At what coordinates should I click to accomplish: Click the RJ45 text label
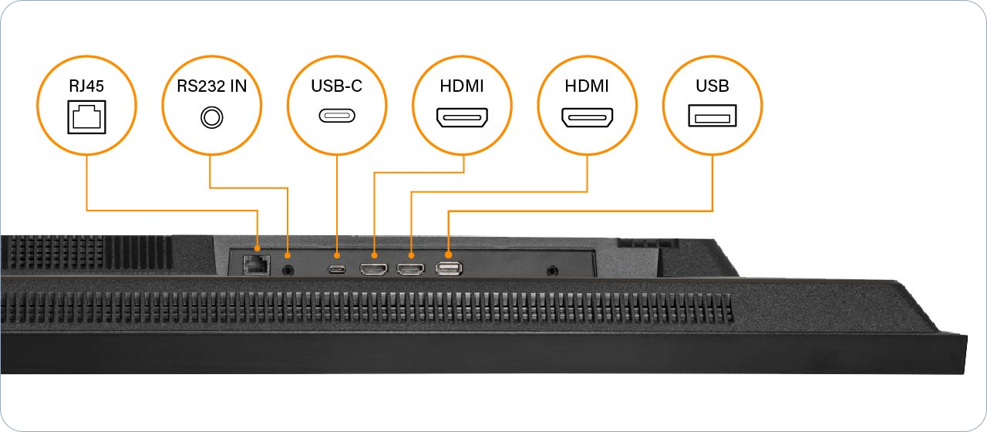(86, 86)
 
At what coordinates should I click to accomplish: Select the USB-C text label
(336, 86)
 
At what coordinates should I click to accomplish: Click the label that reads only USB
(712, 86)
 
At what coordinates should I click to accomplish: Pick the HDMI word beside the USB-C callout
(462, 86)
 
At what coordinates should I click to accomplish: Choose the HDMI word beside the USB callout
(587, 86)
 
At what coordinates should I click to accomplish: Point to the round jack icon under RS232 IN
(211, 117)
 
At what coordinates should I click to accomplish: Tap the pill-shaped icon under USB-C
(336, 117)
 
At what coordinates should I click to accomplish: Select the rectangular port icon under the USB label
(712, 117)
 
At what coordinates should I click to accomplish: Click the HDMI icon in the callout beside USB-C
(462, 117)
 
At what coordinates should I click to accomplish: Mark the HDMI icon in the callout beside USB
(587, 117)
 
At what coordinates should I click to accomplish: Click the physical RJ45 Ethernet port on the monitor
(254, 265)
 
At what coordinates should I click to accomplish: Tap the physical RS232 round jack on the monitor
(289, 269)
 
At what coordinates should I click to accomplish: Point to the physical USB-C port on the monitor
(336, 269)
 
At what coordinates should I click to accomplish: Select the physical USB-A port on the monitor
(448, 268)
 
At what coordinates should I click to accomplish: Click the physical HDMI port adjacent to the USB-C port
(374, 269)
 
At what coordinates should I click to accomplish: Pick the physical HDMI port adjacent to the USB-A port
(410, 269)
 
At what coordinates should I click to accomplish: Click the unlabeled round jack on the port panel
(552, 271)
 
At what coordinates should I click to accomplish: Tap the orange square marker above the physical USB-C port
(336, 255)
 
